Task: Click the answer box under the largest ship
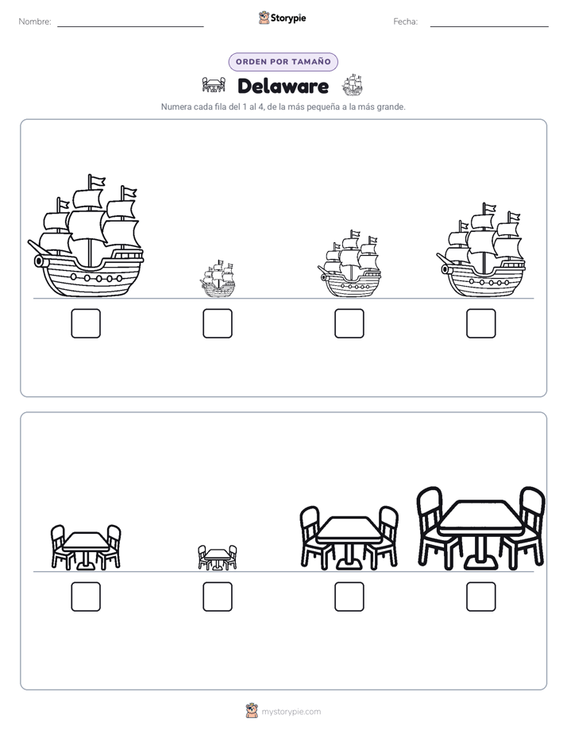[x=86, y=323]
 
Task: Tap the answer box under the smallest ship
[x=218, y=323]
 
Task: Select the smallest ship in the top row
[x=218, y=279]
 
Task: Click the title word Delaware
[x=283, y=86]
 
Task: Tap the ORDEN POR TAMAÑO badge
[x=283, y=62]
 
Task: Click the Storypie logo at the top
[x=282, y=18]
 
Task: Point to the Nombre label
[x=35, y=21]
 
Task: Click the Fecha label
[x=405, y=21]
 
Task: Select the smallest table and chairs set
[x=217, y=558]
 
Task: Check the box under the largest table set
[x=481, y=597]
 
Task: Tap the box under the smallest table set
[x=218, y=597]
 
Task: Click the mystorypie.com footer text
[x=291, y=712]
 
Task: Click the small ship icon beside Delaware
[x=352, y=85]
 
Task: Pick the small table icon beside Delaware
[x=214, y=85]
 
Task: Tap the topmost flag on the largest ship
[x=98, y=180]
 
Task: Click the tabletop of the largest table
[x=481, y=515]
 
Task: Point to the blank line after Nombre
[x=130, y=26]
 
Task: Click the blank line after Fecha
[x=489, y=26]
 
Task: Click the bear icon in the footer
[x=252, y=711]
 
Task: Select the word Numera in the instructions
[x=175, y=106]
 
